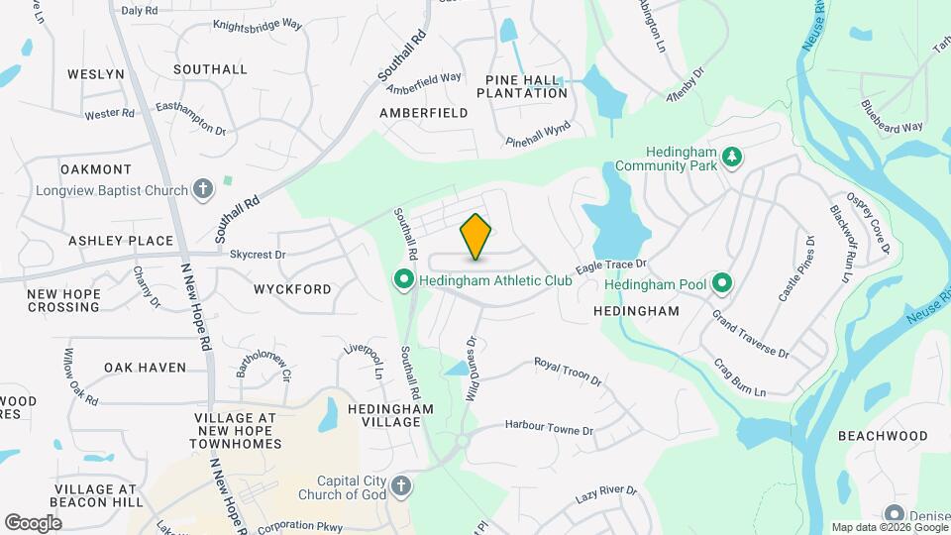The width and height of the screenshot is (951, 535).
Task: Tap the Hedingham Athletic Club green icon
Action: point(403,280)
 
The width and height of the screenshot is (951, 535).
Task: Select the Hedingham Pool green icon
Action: point(722,284)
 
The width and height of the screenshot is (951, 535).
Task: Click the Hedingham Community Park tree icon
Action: point(732,157)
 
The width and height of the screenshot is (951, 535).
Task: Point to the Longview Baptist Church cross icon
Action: point(203,189)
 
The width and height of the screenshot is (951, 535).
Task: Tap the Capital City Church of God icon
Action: point(400,485)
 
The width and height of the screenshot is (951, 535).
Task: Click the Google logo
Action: point(33,523)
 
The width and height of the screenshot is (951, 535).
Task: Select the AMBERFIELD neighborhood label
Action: point(424,113)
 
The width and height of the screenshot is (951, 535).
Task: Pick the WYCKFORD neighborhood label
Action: point(292,289)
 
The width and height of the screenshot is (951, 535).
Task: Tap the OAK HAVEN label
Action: point(146,368)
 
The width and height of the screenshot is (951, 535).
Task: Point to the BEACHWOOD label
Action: point(883,436)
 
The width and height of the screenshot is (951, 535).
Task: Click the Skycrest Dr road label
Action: point(258,255)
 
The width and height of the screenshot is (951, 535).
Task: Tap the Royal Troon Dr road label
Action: point(568,372)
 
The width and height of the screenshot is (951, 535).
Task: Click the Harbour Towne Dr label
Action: point(548,430)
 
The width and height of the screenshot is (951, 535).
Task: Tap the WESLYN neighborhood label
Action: point(96,74)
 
